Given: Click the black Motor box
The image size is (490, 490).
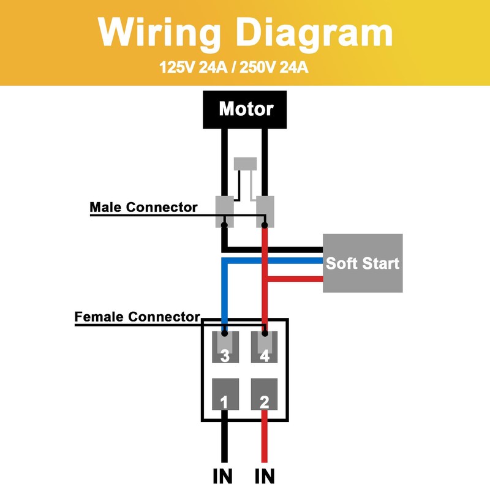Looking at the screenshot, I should [x=246, y=109].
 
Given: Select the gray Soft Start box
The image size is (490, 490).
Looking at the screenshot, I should [x=363, y=263].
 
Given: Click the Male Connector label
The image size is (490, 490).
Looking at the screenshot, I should [x=143, y=207].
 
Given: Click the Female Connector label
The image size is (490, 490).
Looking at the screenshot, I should [x=137, y=317].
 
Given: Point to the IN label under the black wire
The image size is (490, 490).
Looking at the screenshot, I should [x=224, y=475].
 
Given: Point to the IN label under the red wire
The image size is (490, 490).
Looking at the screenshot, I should [x=265, y=475].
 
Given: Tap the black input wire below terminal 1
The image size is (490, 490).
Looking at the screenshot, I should [x=224, y=441].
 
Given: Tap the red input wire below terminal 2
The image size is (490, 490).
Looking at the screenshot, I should [x=265, y=441].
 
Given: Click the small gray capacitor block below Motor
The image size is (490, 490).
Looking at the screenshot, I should [x=246, y=164].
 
